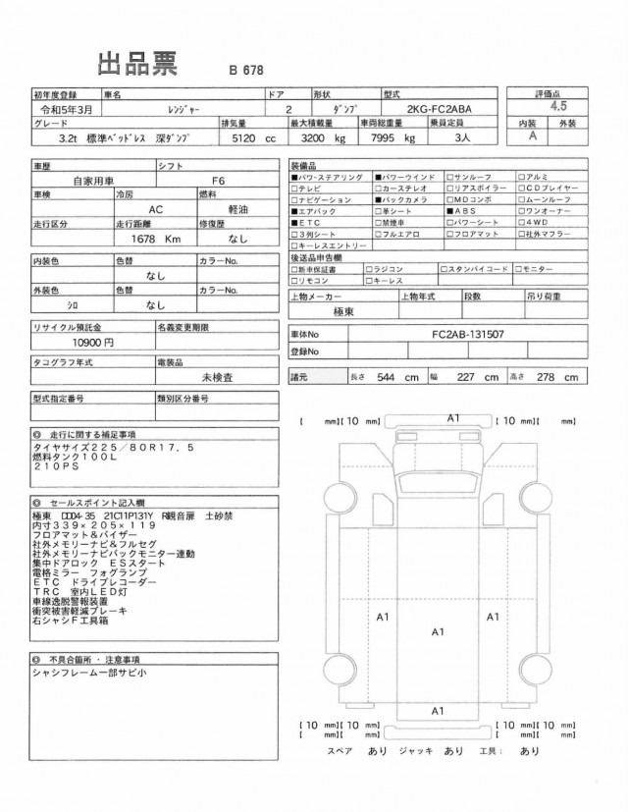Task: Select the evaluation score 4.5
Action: click(560, 103)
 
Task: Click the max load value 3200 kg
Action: click(323, 139)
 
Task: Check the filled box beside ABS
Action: click(449, 211)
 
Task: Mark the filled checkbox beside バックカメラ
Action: click(378, 199)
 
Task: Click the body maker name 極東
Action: click(341, 309)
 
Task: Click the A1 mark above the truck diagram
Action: click(453, 418)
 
